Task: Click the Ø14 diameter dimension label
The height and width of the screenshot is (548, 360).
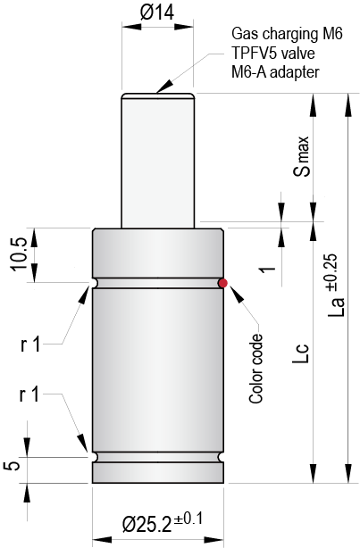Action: coord(158,12)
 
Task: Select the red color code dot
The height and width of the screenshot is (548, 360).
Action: coord(223,283)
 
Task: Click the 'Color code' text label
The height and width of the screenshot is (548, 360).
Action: coord(257,369)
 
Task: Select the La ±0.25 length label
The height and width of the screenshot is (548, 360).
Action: coord(336,288)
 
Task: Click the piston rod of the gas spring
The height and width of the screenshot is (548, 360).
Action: coord(158,161)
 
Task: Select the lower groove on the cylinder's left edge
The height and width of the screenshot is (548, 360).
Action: coord(95,457)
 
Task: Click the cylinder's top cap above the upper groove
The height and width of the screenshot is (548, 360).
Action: coord(158,254)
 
